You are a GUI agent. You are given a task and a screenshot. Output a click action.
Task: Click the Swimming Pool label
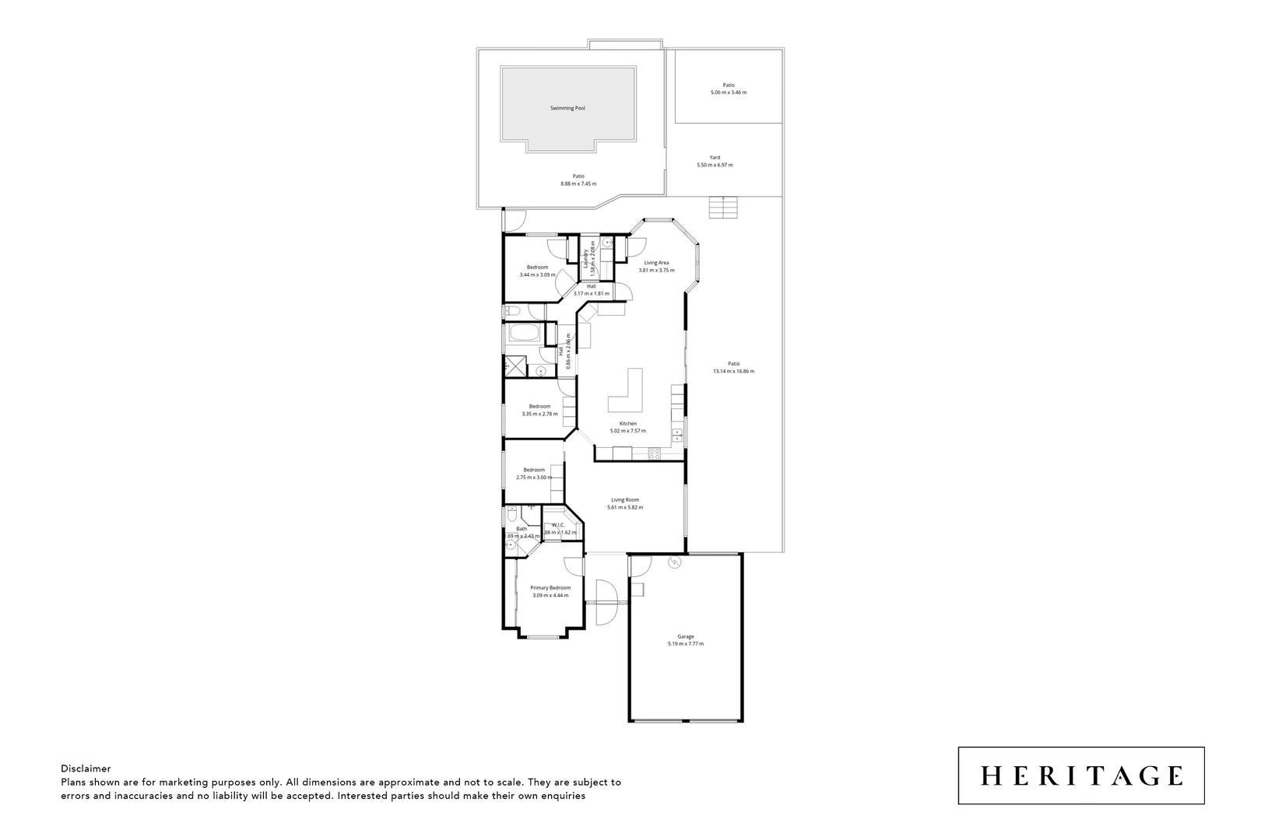(x=567, y=108)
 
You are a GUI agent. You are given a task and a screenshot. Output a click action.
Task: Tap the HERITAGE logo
(x=1081, y=775)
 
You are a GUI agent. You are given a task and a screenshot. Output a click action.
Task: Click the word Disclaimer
(x=86, y=768)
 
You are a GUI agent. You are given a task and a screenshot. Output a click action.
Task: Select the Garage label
(x=685, y=636)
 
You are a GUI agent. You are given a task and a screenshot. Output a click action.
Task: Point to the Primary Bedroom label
(x=550, y=588)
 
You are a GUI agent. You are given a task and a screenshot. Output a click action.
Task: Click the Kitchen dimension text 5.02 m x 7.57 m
(x=627, y=431)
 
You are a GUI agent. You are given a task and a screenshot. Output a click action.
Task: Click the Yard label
(x=715, y=157)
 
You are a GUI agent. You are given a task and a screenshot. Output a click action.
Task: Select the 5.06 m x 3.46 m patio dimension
(x=728, y=93)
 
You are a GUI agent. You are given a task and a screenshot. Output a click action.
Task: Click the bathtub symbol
(x=526, y=335)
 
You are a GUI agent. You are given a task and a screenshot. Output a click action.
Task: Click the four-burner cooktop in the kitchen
(x=654, y=453)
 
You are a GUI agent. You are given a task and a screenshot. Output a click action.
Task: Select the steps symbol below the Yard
(x=722, y=208)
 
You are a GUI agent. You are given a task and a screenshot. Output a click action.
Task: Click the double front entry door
(x=605, y=602)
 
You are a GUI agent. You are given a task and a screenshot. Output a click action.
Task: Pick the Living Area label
(x=656, y=263)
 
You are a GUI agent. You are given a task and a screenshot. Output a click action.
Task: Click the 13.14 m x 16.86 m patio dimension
(x=733, y=371)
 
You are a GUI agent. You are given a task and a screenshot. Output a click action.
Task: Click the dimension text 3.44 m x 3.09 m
(x=537, y=275)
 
